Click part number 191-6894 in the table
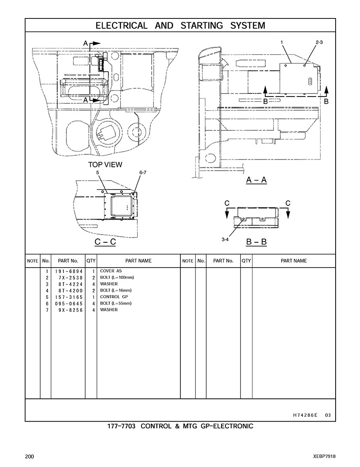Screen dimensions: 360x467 (69, 271)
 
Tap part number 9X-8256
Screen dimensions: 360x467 (71, 310)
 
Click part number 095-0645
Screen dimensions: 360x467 (69, 304)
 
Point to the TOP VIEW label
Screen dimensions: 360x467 (105, 164)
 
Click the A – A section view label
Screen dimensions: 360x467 (256, 180)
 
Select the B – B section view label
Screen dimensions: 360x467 (256, 241)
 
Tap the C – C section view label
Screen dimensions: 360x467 (105, 241)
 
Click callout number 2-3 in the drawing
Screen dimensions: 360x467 (319, 42)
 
